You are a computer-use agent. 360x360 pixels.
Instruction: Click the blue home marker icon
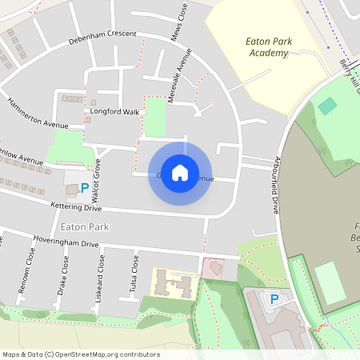tap(180, 173)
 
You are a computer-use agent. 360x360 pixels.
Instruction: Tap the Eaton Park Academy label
tap(266, 46)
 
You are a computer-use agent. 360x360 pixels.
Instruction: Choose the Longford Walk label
tap(116, 112)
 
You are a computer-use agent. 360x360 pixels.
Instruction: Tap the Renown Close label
tap(30, 270)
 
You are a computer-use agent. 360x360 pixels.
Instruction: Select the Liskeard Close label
tap(101, 274)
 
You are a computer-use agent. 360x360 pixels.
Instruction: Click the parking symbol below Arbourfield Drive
tap(274, 298)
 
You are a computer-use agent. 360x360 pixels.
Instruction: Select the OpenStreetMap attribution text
tap(81, 354)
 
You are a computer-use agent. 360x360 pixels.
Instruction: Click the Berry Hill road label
tap(350, 76)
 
